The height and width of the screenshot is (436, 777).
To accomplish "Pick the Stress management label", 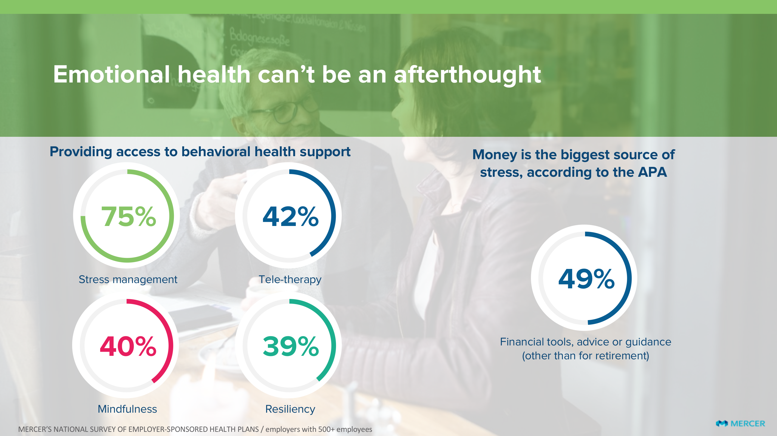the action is pyautogui.click(x=128, y=279).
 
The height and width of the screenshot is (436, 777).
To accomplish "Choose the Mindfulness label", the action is pyautogui.click(x=127, y=409).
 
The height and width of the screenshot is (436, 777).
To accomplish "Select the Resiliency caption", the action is pyautogui.click(x=290, y=409).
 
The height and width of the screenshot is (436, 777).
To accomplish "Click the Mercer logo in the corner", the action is pyautogui.click(x=740, y=424).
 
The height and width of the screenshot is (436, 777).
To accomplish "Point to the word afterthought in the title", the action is pyautogui.click(x=468, y=75).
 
